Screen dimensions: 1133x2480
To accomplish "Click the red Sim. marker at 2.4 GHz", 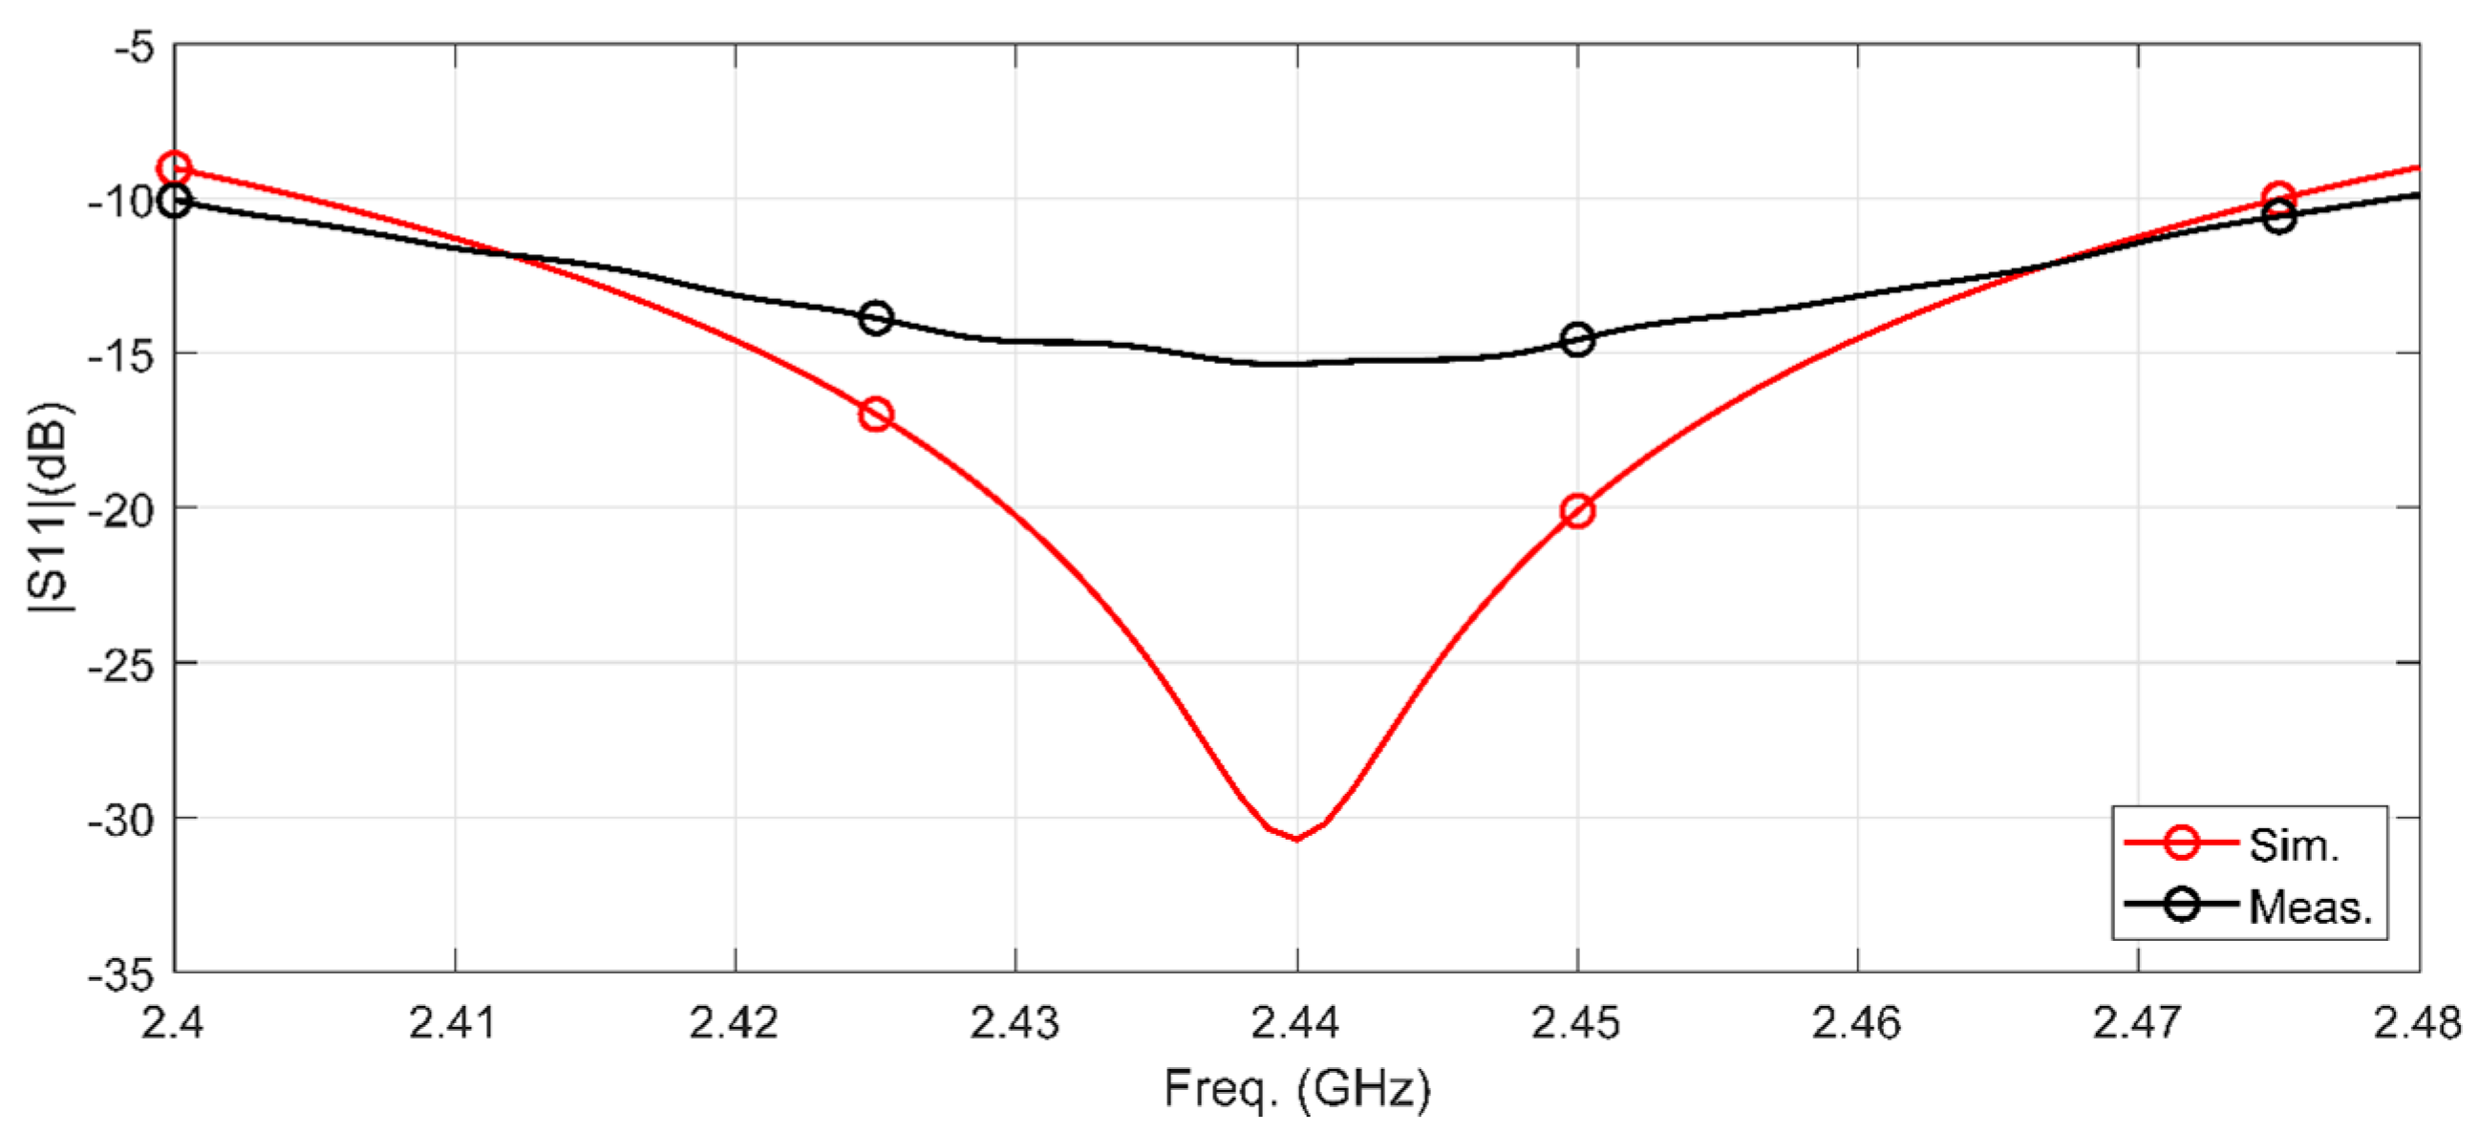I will (174, 169).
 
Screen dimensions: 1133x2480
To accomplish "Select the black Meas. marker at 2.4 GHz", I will (174, 202).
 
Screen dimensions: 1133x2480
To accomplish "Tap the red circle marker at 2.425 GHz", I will (875, 415).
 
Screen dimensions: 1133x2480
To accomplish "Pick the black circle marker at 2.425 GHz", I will (875, 318).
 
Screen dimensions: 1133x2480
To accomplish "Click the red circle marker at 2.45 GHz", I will (1577, 511).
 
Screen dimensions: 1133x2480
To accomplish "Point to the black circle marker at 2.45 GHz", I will (1577, 340).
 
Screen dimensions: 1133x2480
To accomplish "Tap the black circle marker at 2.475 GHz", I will (2278, 218).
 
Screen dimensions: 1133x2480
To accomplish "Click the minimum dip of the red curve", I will (1296, 839).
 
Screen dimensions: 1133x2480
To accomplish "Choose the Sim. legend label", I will (2293, 845).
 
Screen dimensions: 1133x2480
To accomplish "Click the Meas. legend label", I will (2311, 907).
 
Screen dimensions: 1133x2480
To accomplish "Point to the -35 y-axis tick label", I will (121, 975).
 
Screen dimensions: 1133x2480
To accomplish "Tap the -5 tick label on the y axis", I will (134, 46).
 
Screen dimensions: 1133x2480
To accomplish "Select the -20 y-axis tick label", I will (121, 510).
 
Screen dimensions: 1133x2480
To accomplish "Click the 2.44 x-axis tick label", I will (1295, 1023).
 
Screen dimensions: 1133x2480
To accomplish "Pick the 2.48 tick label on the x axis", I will (2417, 1023).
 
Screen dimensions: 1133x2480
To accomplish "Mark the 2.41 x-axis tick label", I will (454, 1023).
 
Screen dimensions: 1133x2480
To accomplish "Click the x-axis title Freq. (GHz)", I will (1296, 1090).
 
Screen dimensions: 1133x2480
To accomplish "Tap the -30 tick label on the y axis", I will (121, 821).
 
